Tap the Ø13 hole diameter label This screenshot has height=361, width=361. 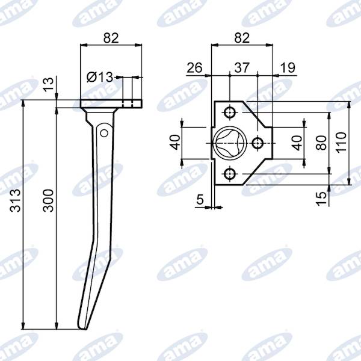coord(99,77)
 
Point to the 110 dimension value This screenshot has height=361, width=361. coord(342,143)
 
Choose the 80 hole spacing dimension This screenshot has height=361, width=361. coord(321,143)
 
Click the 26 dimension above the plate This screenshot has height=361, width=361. coord(194,67)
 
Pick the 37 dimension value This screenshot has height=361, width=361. coord(243,67)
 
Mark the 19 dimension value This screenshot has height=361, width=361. coord(288,67)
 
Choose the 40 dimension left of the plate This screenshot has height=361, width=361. coord(174,143)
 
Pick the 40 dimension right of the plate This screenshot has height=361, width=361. coord(297,143)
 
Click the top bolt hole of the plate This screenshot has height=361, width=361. coord(230,112)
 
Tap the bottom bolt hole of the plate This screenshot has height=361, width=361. coord(230,174)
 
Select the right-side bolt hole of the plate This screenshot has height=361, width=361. coord(257,143)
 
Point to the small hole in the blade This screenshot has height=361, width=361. coord(104,131)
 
